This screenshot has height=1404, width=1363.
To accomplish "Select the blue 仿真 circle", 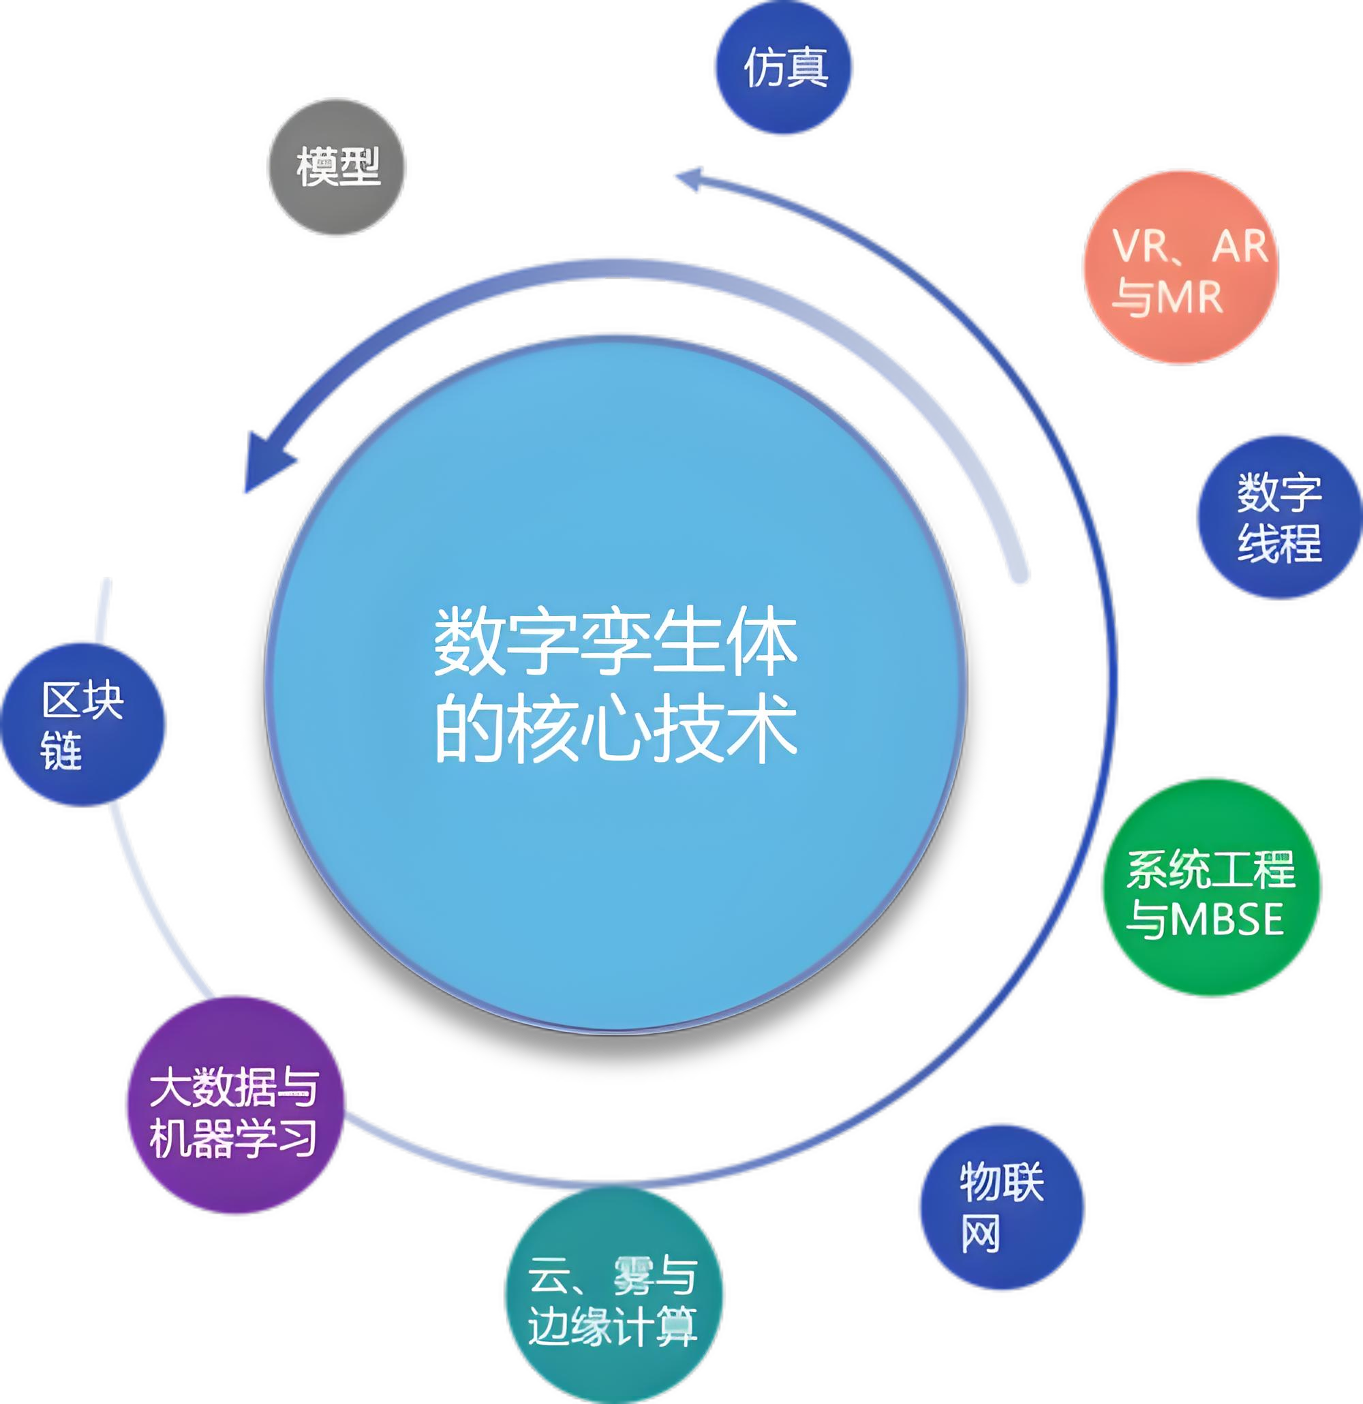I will (785, 68).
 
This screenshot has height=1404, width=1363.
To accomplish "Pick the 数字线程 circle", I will (1279, 517).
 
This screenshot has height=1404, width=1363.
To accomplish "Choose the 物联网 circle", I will (1000, 1206).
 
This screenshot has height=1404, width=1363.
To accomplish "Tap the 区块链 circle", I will (83, 724).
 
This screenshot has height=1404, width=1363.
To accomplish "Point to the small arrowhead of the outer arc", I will (691, 179).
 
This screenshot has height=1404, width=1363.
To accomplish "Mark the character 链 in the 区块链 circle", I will (62, 750).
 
